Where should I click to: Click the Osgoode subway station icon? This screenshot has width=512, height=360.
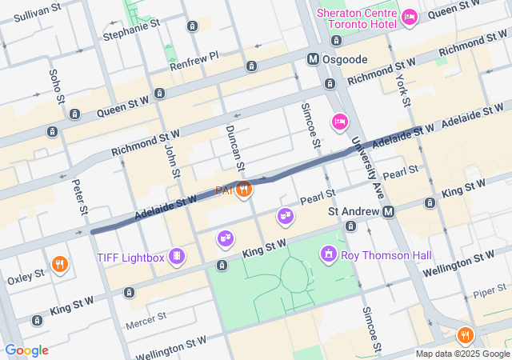[314, 59]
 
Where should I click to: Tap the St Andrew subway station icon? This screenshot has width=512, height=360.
[388, 212]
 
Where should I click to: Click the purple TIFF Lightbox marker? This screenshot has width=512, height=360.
[177, 257]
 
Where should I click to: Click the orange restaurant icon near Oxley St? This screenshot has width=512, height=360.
[59, 263]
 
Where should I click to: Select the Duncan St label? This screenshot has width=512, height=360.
[234, 146]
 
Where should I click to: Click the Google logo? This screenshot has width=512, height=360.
[26, 350]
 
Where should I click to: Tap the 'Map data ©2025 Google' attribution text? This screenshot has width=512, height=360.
[462, 354]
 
